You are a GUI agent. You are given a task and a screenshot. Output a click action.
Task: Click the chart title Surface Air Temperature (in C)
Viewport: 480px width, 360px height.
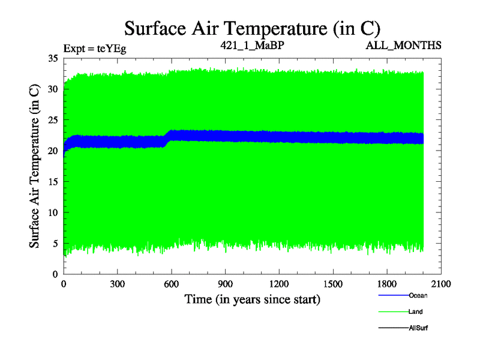pos(252,28)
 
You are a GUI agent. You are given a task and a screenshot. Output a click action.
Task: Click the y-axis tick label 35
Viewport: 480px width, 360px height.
pos(52,59)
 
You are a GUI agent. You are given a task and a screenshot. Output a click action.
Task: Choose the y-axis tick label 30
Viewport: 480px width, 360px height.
pos(52,89)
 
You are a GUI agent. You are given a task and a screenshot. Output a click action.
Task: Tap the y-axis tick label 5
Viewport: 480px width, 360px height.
pos(55,244)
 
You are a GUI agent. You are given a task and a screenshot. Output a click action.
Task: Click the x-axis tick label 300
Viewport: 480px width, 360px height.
pos(118,284)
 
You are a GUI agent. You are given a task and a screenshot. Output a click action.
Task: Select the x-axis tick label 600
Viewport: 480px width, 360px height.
pos(172,284)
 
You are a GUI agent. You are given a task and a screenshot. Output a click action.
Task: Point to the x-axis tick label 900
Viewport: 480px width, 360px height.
pos(226,284)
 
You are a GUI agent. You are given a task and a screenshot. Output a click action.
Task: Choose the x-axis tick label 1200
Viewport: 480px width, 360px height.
pos(279,284)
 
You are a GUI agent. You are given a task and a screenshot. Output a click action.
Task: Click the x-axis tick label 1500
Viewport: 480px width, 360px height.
pos(333,284)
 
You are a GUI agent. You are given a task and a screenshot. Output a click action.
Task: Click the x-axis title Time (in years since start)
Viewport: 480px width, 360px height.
pos(252,299)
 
